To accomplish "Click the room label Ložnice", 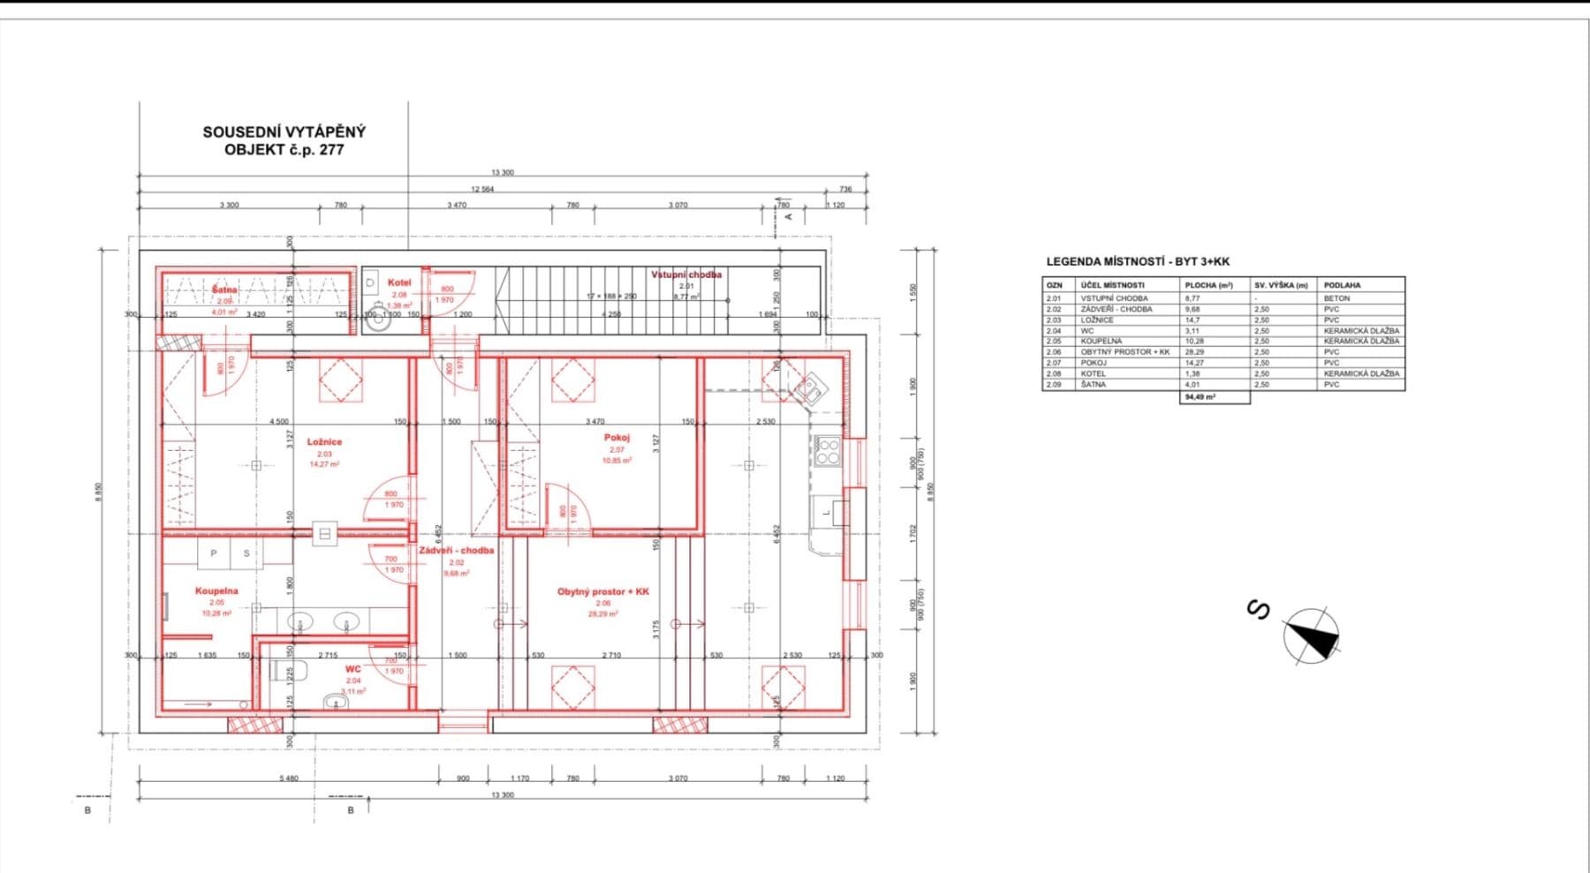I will [x=324, y=441].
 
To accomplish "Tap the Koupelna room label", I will [x=216, y=591].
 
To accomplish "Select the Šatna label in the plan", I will [x=224, y=290].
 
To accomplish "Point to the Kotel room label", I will [x=399, y=283].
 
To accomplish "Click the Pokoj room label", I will [x=617, y=438].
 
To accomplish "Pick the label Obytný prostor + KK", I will [x=603, y=591].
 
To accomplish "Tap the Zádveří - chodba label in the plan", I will [x=457, y=551].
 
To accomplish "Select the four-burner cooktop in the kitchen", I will [x=828, y=451].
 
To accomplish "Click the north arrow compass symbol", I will [x=1311, y=636].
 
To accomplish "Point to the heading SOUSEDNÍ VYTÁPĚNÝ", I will [x=284, y=132].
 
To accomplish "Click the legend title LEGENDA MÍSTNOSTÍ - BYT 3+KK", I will [x=1138, y=262].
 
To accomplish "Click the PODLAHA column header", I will [x=1342, y=285].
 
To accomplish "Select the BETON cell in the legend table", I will [x=1336, y=298].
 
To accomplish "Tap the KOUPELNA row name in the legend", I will [x=1102, y=341].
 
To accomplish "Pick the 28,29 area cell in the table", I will [x=1195, y=352].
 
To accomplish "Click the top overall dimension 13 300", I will [x=502, y=173].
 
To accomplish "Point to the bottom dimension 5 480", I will [x=288, y=779].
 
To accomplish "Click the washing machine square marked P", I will [x=214, y=553].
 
